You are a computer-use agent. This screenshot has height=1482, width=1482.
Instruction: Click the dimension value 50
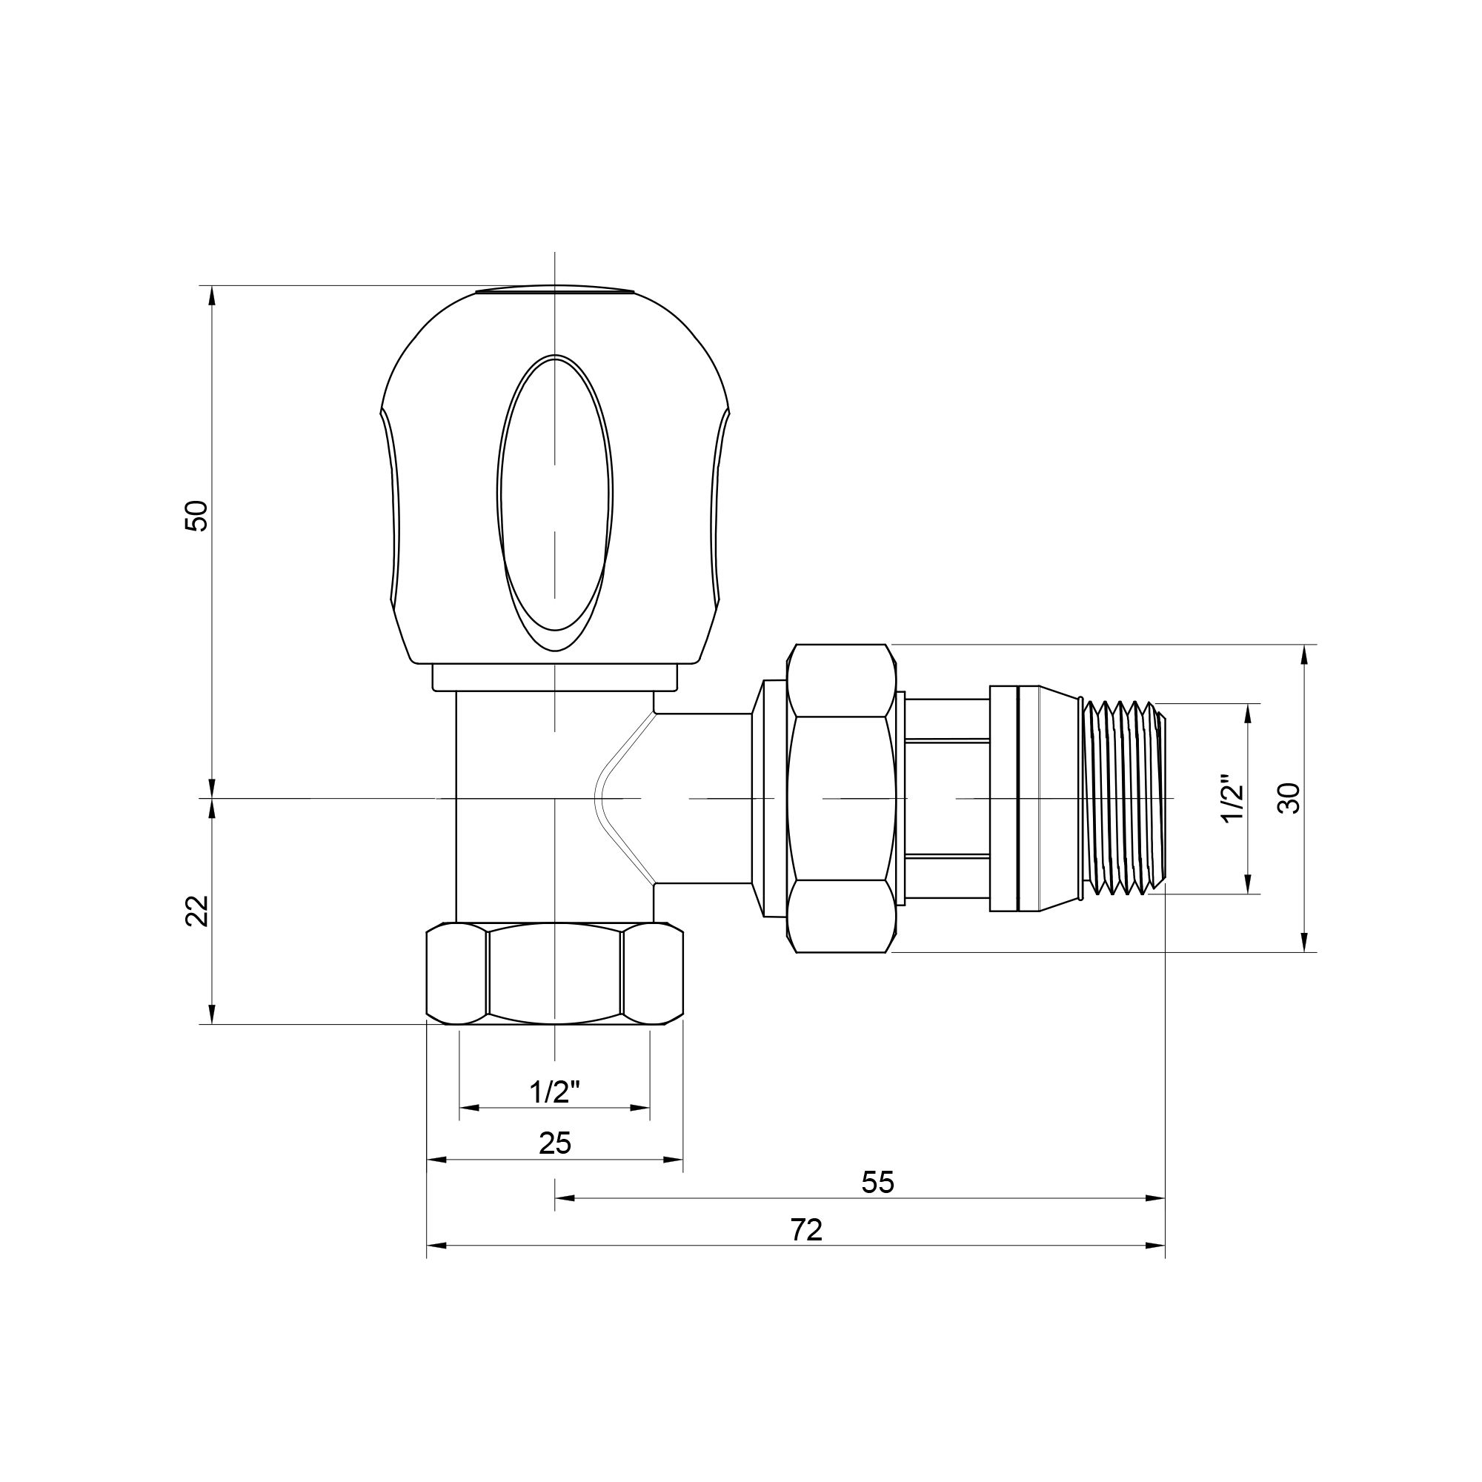pyautogui.click(x=196, y=516)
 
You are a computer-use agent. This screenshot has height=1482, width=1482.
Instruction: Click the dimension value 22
pyautogui.click(x=196, y=911)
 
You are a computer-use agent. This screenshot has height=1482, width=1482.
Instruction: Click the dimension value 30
pyautogui.click(x=1291, y=798)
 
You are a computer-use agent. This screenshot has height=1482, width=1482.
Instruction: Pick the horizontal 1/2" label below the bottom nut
pyautogui.click(x=554, y=1091)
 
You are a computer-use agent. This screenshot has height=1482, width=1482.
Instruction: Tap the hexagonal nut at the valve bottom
pyautogui.click(x=554, y=974)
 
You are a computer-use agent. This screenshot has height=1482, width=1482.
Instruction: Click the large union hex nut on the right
pyautogui.click(x=842, y=798)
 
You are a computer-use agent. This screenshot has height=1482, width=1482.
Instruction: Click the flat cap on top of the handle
pyautogui.click(x=554, y=290)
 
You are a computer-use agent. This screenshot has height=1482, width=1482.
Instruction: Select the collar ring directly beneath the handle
pyautogui.click(x=554, y=677)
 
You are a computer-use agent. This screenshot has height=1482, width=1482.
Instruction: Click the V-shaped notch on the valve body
pyautogui.click(x=614, y=798)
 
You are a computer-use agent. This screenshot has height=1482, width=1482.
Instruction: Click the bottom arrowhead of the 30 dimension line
pyautogui.click(x=1303, y=943)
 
